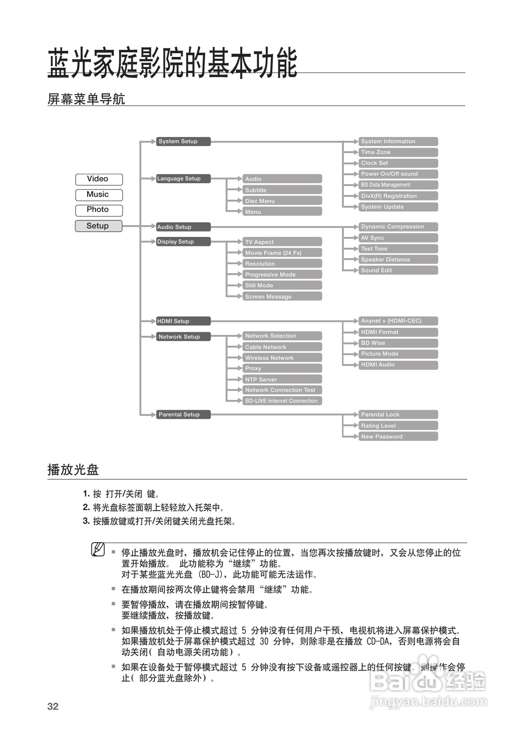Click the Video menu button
point(98,179)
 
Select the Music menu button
point(98,195)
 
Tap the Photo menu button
point(98,210)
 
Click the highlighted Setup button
point(98,226)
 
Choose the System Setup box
point(183,141)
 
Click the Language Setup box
point(183,179)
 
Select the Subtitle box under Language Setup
point(282,190)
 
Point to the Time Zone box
point(398,152)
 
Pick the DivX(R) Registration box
point(398,196)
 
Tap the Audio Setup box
point(183,227)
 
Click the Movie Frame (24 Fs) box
point(282,253)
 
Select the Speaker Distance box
point(398,260)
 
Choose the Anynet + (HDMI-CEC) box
point(398,321)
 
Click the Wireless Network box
point(282,358)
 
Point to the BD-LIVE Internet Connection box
point(282,401)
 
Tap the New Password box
point(398,437)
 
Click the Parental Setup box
point(183,414)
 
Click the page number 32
point(53,706)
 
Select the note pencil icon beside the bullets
point(97,550)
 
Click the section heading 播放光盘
point(73,470)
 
